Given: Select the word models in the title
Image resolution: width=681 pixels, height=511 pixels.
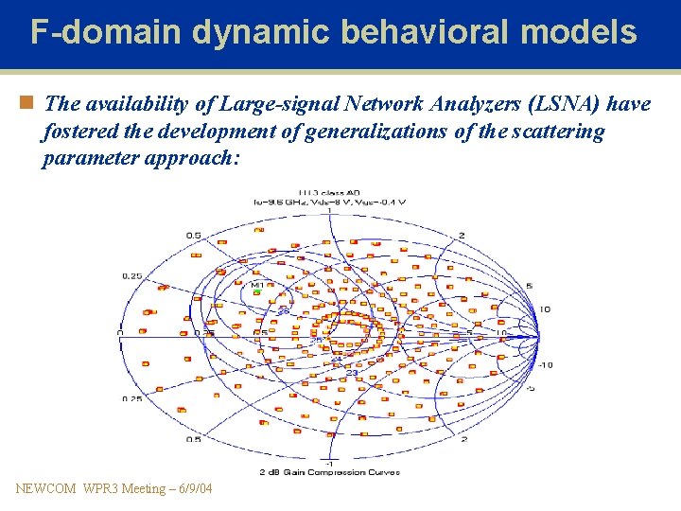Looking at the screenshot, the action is tap(583, 33).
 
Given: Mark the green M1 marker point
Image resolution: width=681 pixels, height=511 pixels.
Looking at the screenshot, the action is tap(256, 292).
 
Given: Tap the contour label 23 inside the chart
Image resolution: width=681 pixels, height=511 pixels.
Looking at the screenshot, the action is tap(351, 373).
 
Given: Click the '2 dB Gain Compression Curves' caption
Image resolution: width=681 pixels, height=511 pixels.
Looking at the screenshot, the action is tap(328, 472).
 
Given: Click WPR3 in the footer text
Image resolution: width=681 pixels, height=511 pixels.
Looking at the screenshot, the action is tap(97, 488).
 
